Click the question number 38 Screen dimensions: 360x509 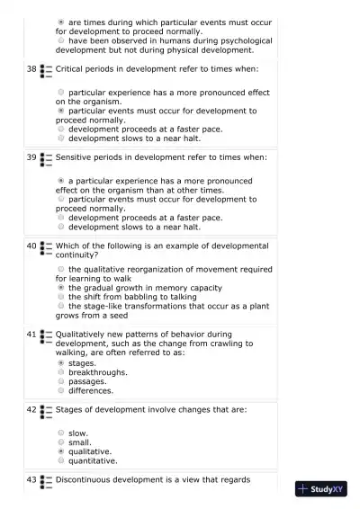pyautogui.click(x=31, y=68)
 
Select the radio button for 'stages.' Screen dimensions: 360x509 pyautogui.click(x=61, y=363)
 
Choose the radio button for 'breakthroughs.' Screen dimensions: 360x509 pyautogui.click(x=61, y=372)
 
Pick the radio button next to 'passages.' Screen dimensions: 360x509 pyautogui.click(x=61, y=381)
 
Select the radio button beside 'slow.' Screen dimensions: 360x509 pyautogui.click(x=61, y=433)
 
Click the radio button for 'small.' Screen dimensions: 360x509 pyautogui.click(x=61, y=442)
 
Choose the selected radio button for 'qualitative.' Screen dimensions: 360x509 pyautogui.click(x=61, y=451)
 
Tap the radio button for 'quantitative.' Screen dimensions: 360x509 pyautogui.click(x=61, y=460)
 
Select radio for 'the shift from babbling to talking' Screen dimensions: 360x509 pyautogui.click(x=61, y=297)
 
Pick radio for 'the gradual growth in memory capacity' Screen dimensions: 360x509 pyautogui.click(x=61, y=288)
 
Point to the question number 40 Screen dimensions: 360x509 pyautogui.click(x=31, y=246)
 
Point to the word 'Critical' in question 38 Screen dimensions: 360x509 pyautogui.click(x=70, y=68)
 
